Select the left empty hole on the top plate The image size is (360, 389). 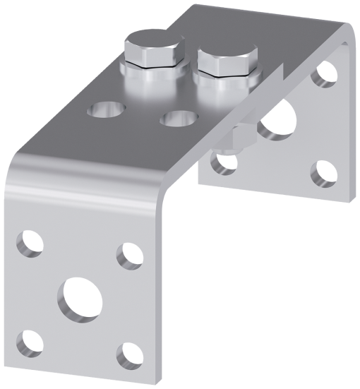pos(106,109)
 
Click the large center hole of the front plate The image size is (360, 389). pos(81,297)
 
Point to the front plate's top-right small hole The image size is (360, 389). pos(130,255)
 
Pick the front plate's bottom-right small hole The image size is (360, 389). pos(128,355)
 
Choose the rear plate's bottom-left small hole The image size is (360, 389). pos(224,163)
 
